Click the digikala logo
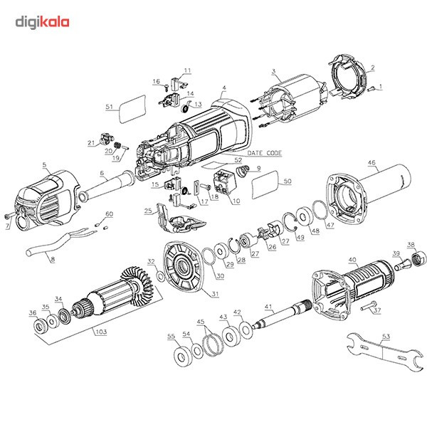(x=43, y=22)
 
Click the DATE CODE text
(x=263, y=153)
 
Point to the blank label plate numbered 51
(x=130, y=111)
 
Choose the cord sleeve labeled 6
(x=107, y=188)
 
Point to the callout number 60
(x=109, y=213)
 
